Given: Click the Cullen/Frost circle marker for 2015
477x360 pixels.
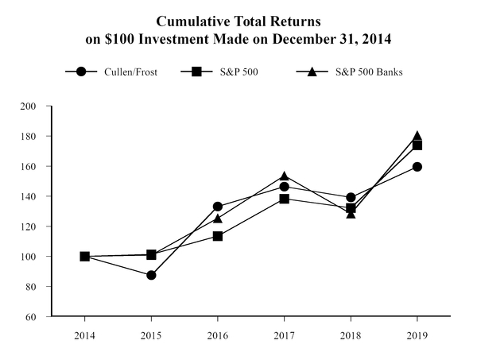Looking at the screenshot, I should pos(151,275).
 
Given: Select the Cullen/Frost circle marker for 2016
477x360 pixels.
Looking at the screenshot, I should pos(217,207).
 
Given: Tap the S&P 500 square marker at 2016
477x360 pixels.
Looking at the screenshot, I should pos(217,236).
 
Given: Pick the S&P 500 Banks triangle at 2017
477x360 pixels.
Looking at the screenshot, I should pos(284,176).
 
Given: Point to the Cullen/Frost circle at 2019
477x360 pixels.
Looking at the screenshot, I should pos(417,167).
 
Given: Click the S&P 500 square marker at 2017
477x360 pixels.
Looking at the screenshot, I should pos(284,199).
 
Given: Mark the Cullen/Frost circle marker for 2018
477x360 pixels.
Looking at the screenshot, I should pos(351,197).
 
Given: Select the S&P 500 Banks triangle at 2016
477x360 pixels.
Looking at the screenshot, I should pos(217,218).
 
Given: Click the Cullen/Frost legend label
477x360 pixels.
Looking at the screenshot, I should pos(128,72).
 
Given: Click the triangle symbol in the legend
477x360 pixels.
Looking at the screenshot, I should pos(312,72).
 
